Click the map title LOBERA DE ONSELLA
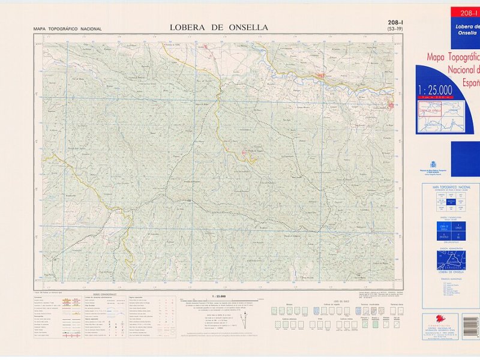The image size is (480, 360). pos(219,27)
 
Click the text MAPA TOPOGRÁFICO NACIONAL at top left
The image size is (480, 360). pos(67,29)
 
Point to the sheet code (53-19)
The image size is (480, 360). pos(395,29)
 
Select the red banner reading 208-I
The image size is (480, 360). pos(467,13)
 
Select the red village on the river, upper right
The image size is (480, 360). pos(322,76)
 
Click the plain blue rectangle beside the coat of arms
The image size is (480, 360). pos(465,159)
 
